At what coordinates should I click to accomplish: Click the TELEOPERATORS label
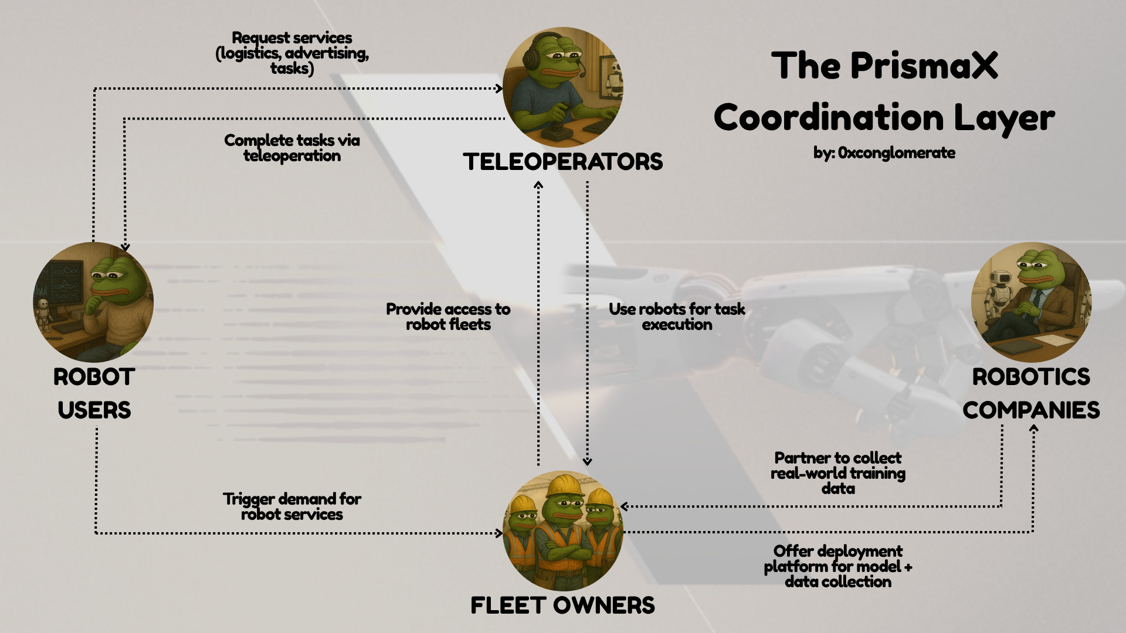[562, 162]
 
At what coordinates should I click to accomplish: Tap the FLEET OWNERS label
[562, 605]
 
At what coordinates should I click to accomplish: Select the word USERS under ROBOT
[94, 410]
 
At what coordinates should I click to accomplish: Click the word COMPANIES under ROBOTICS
[1031, 410]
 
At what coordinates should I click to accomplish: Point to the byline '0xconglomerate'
[896, 153]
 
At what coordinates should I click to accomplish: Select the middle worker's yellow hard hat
[562, 486]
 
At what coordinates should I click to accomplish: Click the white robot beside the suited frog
[997, 293]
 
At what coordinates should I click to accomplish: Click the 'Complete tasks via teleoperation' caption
[292, 148]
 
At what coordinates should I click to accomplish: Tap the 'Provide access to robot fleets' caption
[448, 316]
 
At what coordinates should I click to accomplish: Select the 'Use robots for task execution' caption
[677, 316]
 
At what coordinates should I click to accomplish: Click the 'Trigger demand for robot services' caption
[292, 506]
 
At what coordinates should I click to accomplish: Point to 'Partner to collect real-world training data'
[837, 473]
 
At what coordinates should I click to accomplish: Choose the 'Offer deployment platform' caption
[837, 566]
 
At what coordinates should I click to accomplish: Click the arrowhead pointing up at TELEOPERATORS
[538, 185]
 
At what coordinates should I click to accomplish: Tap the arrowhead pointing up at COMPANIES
[1033, 428]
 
